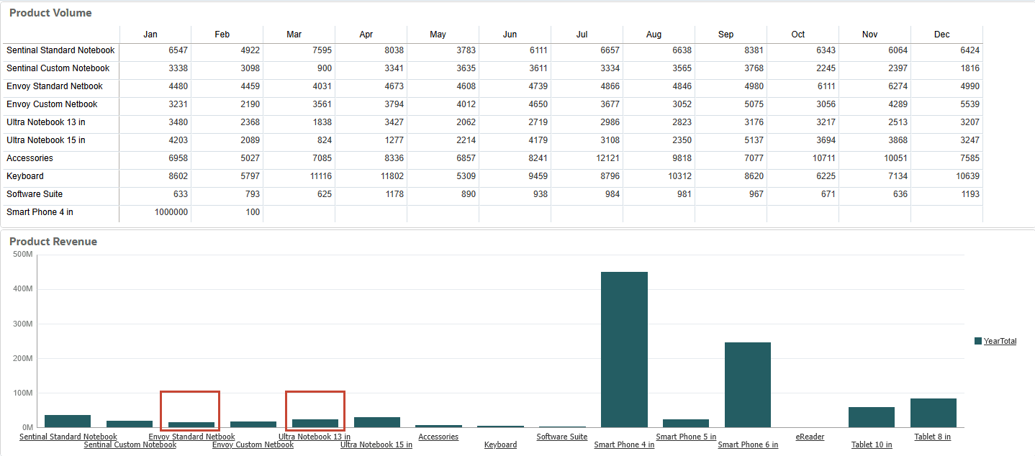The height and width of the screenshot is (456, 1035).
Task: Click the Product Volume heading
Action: pos(50,13)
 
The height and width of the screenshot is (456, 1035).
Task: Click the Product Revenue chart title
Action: pos(53,242)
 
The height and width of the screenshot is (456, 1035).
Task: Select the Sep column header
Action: pos(726,35)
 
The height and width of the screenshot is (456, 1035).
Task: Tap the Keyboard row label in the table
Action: pos(25,176)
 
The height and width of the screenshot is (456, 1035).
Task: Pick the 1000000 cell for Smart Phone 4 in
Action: pos(171,212)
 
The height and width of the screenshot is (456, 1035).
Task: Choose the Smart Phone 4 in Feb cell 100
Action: pos(252,212)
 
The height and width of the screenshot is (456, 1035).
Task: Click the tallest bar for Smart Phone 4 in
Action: pos(624,350)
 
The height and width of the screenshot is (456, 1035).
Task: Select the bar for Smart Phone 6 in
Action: pos(748,385)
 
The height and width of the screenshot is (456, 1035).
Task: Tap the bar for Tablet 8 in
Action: pos(933,413)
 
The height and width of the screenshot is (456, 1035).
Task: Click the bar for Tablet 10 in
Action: pos(871,417)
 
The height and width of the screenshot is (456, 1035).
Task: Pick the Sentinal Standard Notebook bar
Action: pos(68,421)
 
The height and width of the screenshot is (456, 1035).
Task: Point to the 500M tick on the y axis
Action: pos(23,254)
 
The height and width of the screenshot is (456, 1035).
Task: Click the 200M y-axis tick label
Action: pos(23,358)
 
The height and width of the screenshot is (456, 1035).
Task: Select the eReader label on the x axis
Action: pos(810,437)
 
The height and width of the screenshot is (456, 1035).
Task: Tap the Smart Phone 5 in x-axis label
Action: pos(686,437)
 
